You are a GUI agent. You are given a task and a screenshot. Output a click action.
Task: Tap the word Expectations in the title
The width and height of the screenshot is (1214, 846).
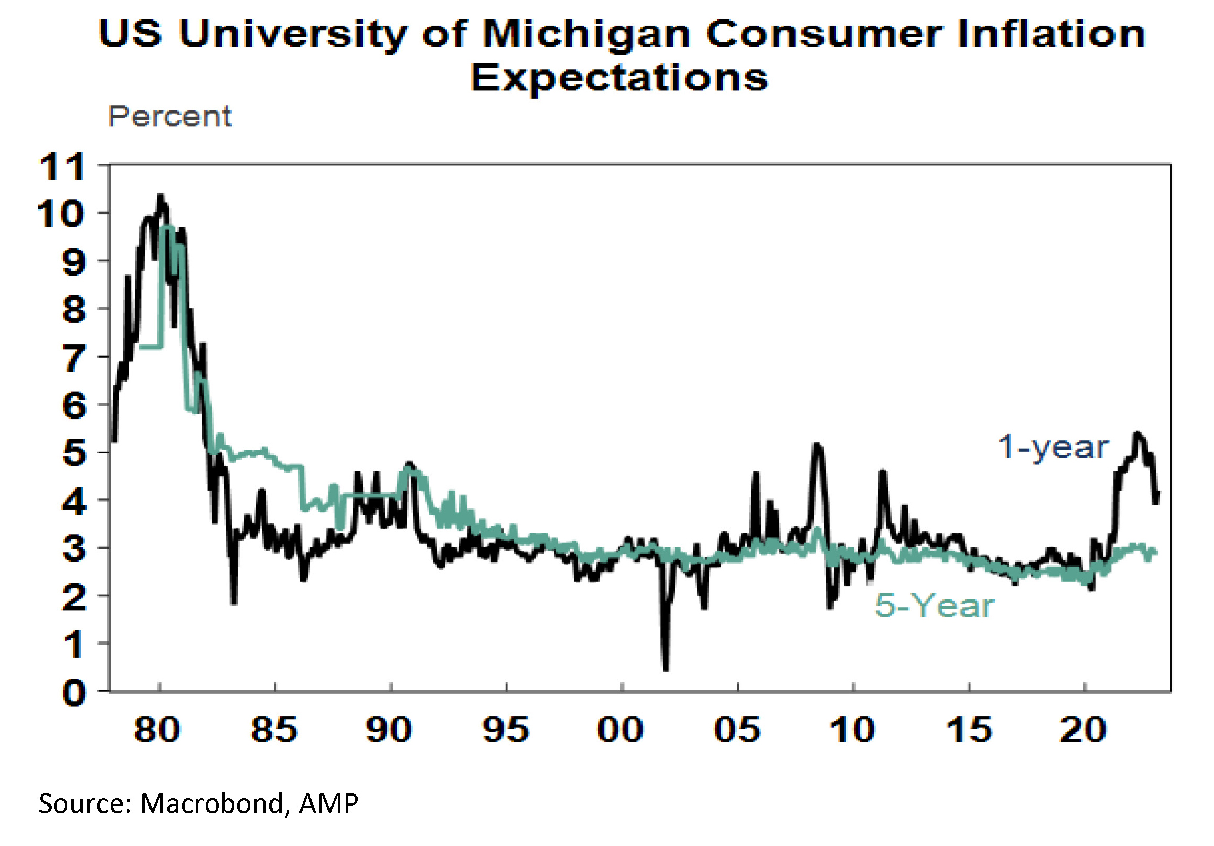click(619, 78)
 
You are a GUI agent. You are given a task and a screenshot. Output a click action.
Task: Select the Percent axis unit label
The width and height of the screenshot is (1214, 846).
click(170, 116)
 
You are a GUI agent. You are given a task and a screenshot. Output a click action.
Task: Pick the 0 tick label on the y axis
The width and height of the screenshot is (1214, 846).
click(73, 693)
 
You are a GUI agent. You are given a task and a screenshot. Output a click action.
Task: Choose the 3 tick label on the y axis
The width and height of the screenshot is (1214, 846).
click(73, 549)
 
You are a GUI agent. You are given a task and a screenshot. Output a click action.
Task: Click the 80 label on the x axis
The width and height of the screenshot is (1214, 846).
click(157, 730)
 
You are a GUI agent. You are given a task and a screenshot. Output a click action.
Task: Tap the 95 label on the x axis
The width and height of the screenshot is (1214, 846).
click(505, 730)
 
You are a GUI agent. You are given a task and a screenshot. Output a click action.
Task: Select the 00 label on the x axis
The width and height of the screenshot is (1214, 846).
click(620, 730)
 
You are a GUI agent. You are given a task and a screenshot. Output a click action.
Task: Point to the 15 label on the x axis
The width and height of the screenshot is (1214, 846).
click(969, 730)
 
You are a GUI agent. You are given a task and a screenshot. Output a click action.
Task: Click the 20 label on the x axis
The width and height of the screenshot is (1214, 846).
click(1083, 730)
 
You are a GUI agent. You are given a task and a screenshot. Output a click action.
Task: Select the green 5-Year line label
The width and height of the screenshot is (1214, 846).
click(934, 605)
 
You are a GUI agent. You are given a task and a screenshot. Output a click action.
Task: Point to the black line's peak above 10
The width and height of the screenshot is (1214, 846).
click(160, 197)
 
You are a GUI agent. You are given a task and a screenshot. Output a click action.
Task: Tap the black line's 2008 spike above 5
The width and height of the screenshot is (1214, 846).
click(817, 445)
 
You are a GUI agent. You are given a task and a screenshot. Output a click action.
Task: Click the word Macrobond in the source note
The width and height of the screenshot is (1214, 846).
click(213, 804)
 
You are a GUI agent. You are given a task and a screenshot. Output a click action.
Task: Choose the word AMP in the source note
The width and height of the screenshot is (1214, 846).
click(328, 804)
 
